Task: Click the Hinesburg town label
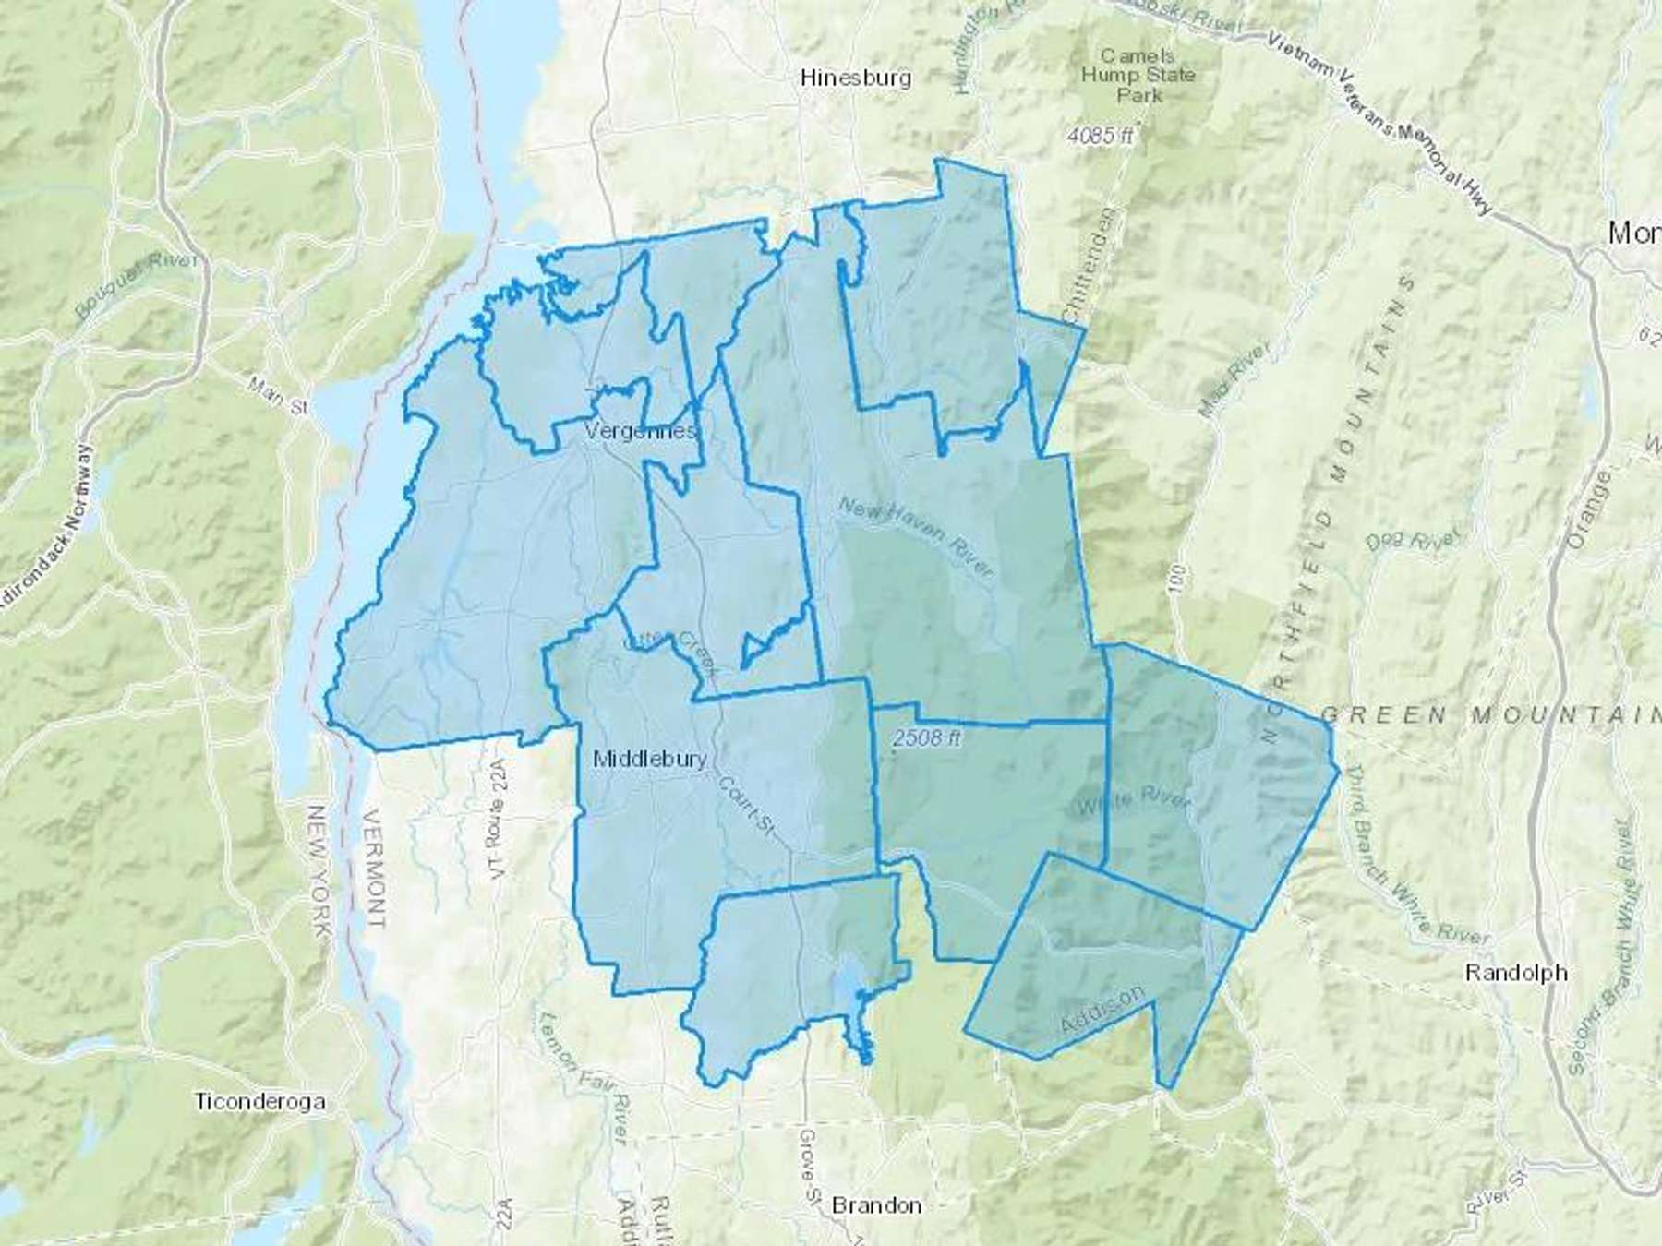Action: pos(856,78)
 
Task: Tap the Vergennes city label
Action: pos(641,431)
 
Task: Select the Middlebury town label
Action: pos(650,759)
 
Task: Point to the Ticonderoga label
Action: pos(259,1101)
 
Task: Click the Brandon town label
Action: pos(876,1205)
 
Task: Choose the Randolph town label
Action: pos(1516,972)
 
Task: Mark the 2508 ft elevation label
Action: pos(928,737)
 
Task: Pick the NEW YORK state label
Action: pos(318,872)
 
